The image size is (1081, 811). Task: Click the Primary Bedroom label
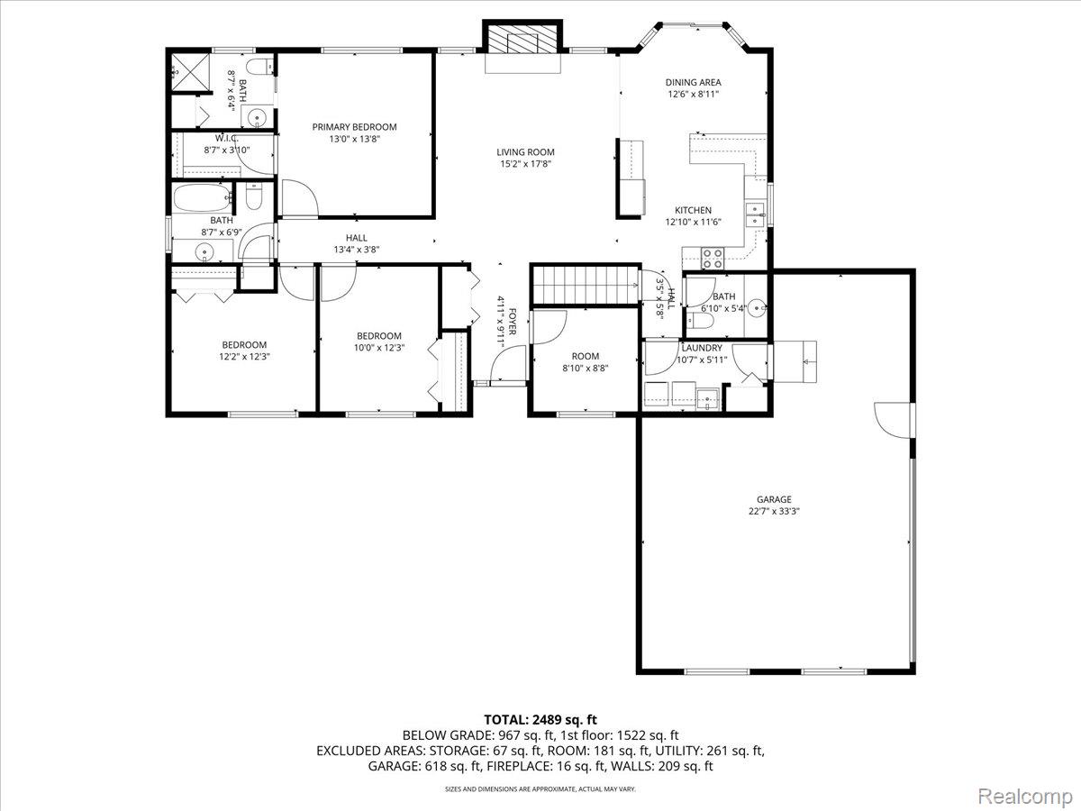point(354,127)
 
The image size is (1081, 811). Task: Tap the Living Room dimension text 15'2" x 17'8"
point(525,164)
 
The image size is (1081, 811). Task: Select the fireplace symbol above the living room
point(523,42)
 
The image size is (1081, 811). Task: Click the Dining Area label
point(693,82)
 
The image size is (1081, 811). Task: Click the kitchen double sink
point(755,213)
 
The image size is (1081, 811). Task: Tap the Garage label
point(774,499)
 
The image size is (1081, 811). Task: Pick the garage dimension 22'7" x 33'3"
point(774,511)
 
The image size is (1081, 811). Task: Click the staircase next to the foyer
point(583,286)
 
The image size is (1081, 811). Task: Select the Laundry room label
point(701,348)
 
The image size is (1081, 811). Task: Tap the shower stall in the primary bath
point(186,69)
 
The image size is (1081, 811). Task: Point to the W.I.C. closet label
point(225,138)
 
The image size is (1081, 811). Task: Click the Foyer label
point(513,322)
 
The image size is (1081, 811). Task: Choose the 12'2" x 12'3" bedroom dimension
point(244,356)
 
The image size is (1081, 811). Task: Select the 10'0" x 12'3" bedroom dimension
point(378,348)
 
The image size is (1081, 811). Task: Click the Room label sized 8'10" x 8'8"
point(585,356)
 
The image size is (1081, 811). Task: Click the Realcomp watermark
point(1025,796)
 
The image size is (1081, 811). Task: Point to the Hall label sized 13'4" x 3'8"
point(350,238)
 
